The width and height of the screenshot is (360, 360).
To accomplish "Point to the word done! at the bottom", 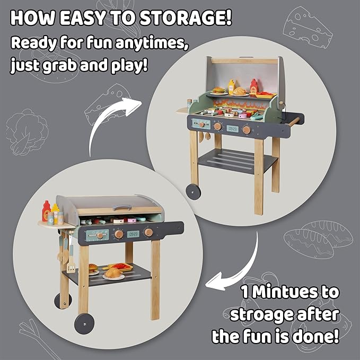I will click(317, 336).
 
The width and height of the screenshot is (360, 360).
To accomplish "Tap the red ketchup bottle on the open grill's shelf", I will click(253, 85).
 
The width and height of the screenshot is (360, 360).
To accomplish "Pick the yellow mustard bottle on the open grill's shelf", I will click(231, 86).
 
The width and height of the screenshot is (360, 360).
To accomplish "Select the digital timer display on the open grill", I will click(232, 128).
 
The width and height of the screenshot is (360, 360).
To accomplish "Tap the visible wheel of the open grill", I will click(194, 190).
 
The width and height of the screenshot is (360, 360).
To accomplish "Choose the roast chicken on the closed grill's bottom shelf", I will click(113, 273).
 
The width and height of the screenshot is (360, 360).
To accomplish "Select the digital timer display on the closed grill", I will click(134, 233).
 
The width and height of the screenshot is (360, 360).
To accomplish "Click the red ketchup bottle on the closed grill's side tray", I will click(47, 210).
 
